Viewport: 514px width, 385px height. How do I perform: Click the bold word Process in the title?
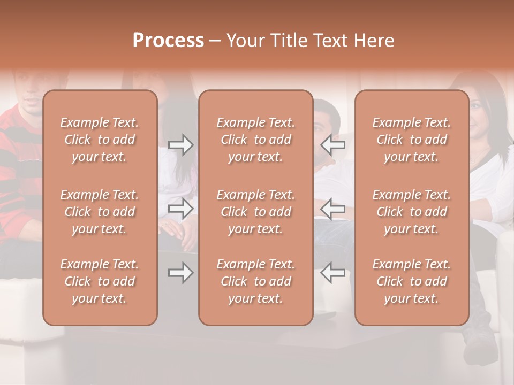click(168, 41)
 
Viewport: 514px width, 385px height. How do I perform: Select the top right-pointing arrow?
click(181, 144)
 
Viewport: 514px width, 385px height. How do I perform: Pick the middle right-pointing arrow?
click(181, 209)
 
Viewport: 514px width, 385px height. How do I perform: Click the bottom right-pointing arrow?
click(181, 273)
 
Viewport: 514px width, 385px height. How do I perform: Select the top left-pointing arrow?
click(332, 144)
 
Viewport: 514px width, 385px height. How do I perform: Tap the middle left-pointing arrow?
click(332, 209)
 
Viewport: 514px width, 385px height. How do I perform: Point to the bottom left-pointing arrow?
click(332, 273)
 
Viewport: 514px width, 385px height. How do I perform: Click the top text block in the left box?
click(100, 140)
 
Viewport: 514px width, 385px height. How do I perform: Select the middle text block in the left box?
click(100, 212)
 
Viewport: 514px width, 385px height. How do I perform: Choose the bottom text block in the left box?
click(100, 281)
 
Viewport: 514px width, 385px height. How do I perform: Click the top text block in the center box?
click(255, 140)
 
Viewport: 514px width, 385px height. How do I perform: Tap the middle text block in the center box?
click(255, 212)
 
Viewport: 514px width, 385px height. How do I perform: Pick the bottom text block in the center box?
click(255, 281)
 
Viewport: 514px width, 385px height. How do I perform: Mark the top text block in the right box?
click(412, 140)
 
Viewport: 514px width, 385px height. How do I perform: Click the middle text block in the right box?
click(412, 212)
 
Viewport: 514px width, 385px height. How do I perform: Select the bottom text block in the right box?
click(412, 281)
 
